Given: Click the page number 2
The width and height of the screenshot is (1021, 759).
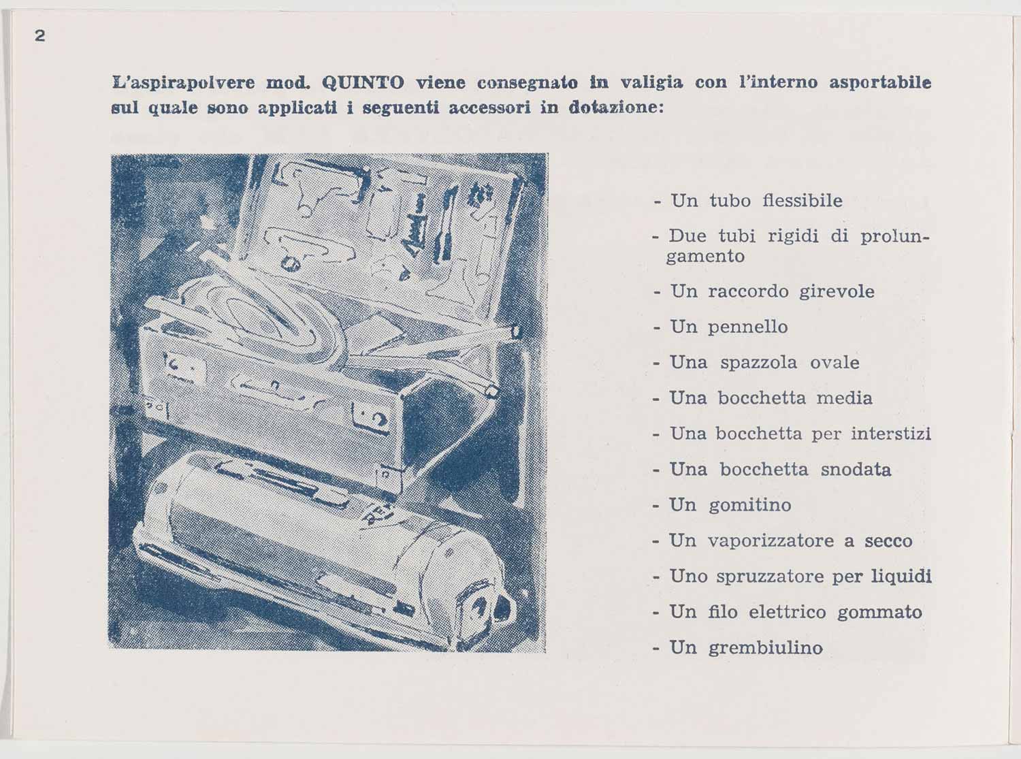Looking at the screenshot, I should pyautogui.click(x=40, y=36).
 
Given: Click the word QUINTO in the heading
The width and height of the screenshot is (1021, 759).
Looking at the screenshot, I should pyautogui.click(x=362, y=83).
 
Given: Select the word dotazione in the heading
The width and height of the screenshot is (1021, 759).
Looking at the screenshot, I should pyautogui.click(x=613, y=108).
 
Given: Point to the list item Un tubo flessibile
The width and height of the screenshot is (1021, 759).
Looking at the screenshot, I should pyautogui.click(x=756, y=201).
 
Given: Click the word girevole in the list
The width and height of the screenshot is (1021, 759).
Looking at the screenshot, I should pyautogui.click(x=837, y=291).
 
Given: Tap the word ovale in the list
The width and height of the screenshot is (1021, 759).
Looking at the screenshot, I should pyautogui.click(x=834, y=362).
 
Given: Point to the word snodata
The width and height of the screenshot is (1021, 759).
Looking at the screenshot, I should pyautogui.click(x=856, y=470).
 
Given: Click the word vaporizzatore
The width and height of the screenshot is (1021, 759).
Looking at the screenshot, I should pyautogui.click(x=771, y=541).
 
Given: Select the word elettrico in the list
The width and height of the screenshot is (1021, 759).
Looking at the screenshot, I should pyautogui.click(x=788, y=612).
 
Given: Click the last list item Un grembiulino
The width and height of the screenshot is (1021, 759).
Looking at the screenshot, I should pyautogui.click(x=745, y=647).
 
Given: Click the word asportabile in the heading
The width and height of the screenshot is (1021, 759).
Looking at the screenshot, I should pyautogui.click(x=879, y=83).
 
